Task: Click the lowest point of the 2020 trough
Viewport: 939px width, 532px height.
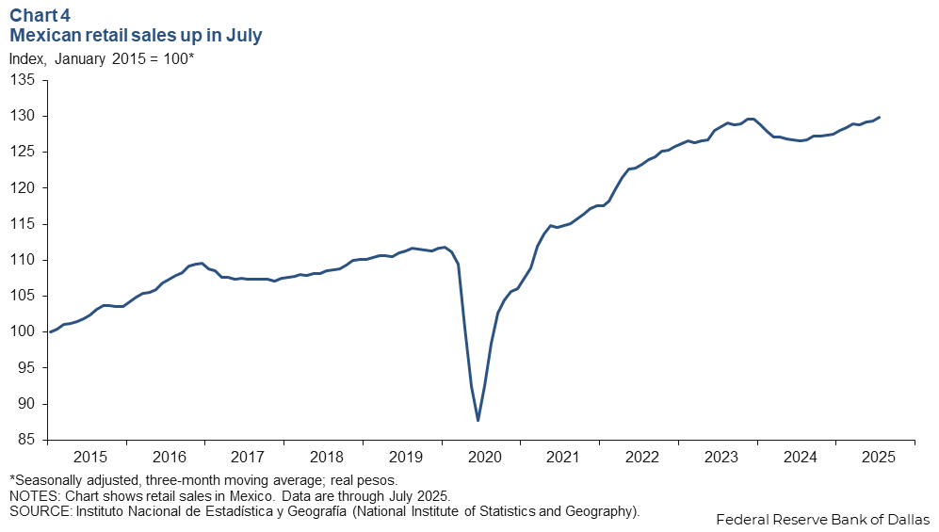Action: point(478,420)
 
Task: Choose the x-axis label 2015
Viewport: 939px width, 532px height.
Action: point(89,458)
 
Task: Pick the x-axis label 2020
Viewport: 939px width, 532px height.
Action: point(484,458)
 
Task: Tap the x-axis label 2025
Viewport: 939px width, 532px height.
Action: point(879,458)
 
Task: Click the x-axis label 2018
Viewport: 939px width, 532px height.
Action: point(326,458)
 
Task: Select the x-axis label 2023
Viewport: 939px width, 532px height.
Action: point(720,458)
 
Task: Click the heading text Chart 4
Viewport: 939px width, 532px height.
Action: point(40,16)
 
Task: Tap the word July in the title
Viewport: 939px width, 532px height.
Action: point(242,36)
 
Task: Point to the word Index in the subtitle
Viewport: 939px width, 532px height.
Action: point(27,58)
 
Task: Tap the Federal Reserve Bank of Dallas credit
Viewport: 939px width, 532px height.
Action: point(822,519)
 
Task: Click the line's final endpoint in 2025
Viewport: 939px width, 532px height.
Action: point(879,118)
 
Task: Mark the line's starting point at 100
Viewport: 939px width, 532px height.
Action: point(49,331)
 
